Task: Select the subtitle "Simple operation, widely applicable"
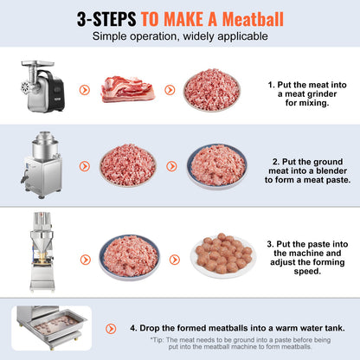(179, 35)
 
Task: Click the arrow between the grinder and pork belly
(83, 88)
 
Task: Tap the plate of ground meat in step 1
(211, 89)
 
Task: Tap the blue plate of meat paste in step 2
(216, 164)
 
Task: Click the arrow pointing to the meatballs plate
(174, 258)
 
